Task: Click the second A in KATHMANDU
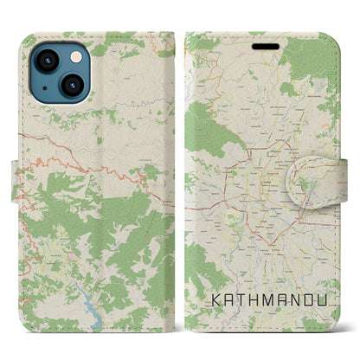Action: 280,302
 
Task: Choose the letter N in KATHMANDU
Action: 293,302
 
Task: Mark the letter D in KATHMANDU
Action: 307,302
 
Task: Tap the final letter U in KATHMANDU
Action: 321,302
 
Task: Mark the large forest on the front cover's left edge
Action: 201,138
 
